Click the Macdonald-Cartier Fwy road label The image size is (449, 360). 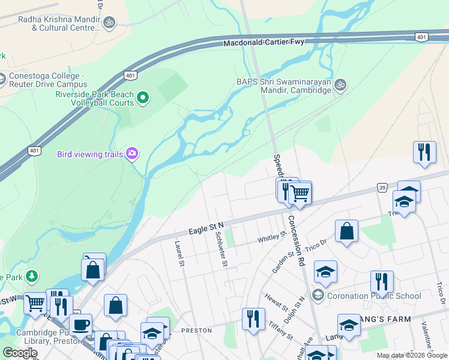pos(264,43)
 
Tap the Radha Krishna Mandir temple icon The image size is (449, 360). pos(109,23)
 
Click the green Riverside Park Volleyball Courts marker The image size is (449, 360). pos(143,98)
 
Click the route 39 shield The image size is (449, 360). pos(382,188)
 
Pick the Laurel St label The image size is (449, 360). pos(178,254)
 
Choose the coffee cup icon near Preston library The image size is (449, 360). pos(80,325)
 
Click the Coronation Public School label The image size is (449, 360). pos(375,296)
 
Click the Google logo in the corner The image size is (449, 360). pos(20,352)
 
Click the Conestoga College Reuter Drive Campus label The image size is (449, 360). pos(47,80)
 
